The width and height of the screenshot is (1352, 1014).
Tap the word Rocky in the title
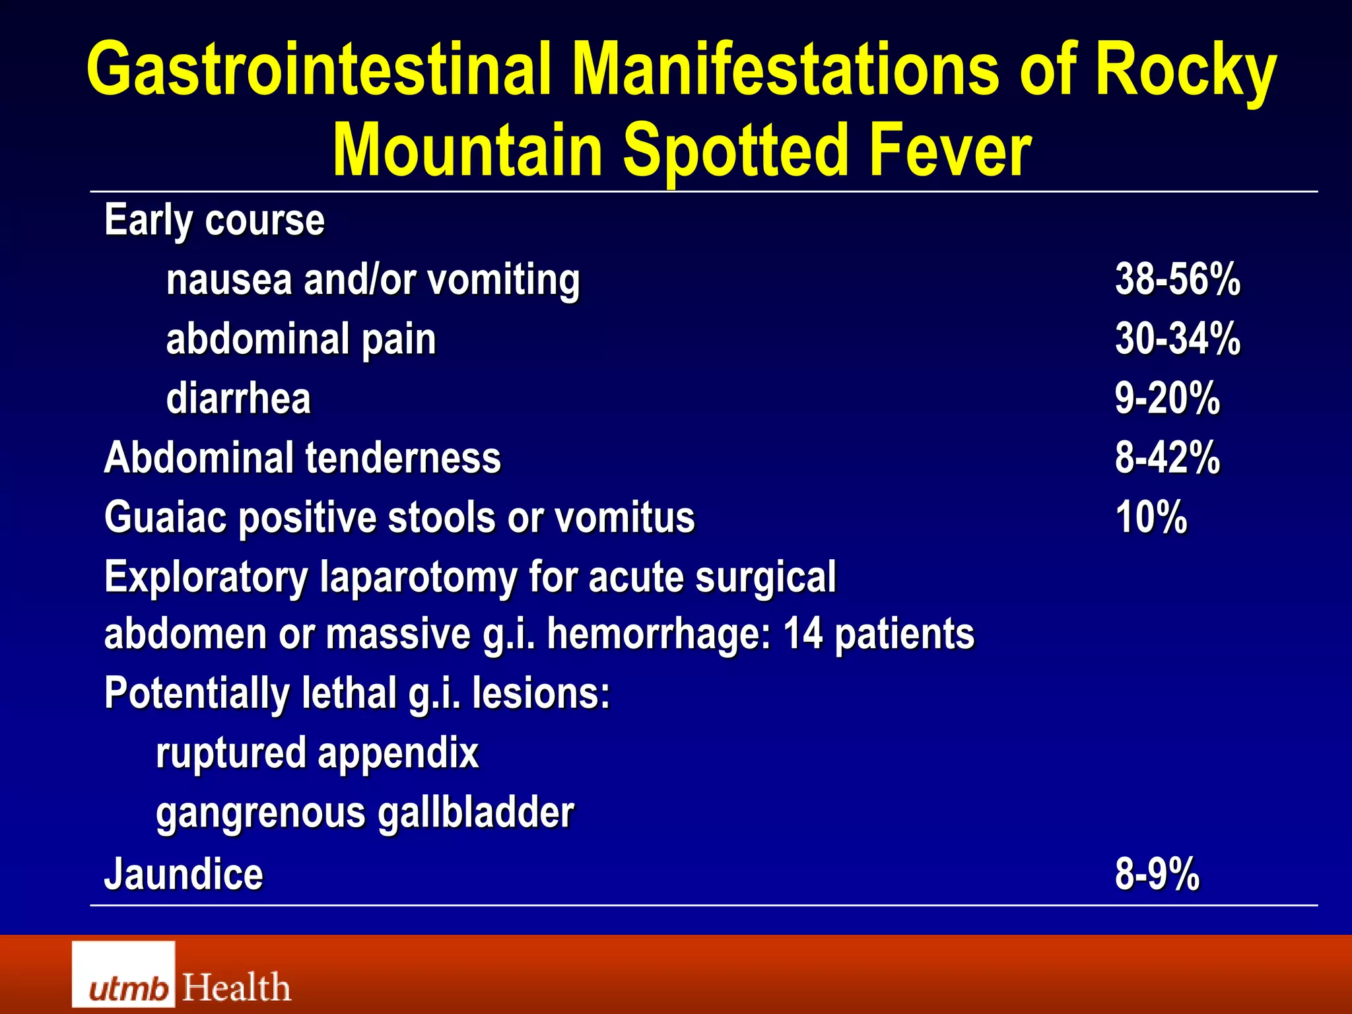click(1185, 70)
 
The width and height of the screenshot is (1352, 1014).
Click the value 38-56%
click(1178, 279)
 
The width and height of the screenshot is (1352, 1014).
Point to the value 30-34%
click(1178, 339)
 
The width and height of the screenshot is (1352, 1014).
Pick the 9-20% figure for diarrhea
click(1167, 398)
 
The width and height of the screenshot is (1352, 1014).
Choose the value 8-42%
click(1167, 457)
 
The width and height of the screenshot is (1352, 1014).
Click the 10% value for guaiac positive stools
click(1151, 517)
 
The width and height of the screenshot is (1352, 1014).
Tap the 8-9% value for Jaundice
click(1157, 874)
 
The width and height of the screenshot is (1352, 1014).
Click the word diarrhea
click(238, 399)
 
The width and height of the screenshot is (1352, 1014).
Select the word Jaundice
click(184, 874)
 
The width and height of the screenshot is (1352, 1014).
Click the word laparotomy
click(418, 578)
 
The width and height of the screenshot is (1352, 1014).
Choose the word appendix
click(398, 753)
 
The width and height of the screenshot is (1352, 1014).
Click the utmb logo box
click(123, 974)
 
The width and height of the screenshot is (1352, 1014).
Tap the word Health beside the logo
click(236, 988)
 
